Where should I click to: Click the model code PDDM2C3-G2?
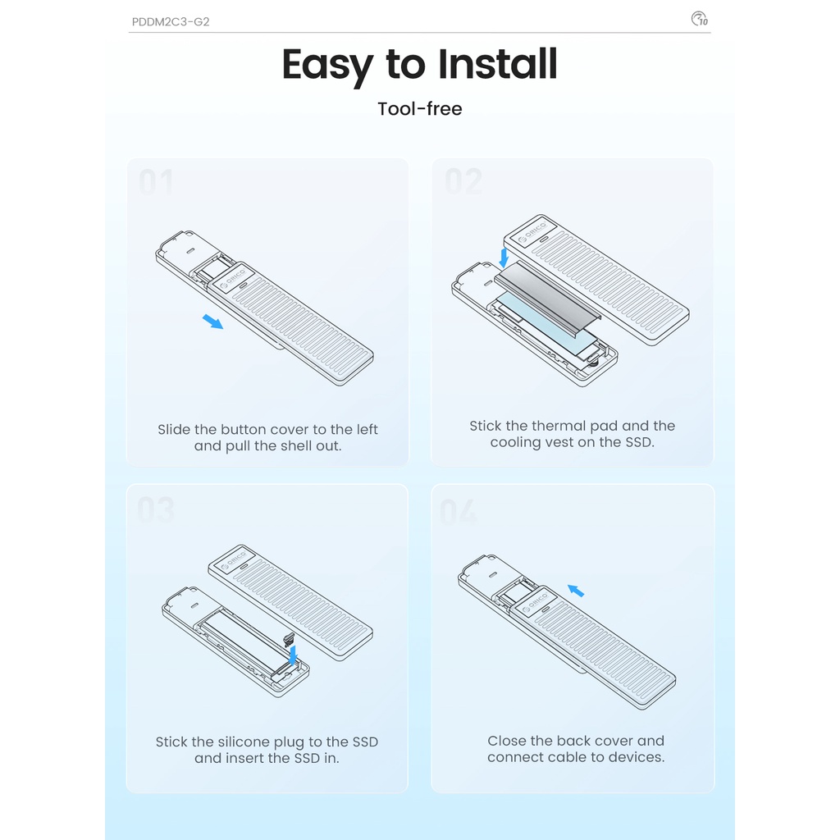tap(171, 22)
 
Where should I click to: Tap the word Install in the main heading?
tap(498, 64)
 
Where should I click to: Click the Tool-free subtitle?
tap(420, 109)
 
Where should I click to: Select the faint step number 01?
tap(156, 181)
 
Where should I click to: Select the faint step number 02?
tap(463, 181)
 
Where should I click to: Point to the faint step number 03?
tap(156, 509)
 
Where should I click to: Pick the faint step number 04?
tap(458, 512)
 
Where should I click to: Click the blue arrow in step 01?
tap(212, 322)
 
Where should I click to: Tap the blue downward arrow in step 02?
tap(504, 258)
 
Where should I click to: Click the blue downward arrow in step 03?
tap(293, 655)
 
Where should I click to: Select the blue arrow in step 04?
tap(576, 591)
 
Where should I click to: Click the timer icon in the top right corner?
tap(699, 19)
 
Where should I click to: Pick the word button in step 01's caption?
tap(240, 430)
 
